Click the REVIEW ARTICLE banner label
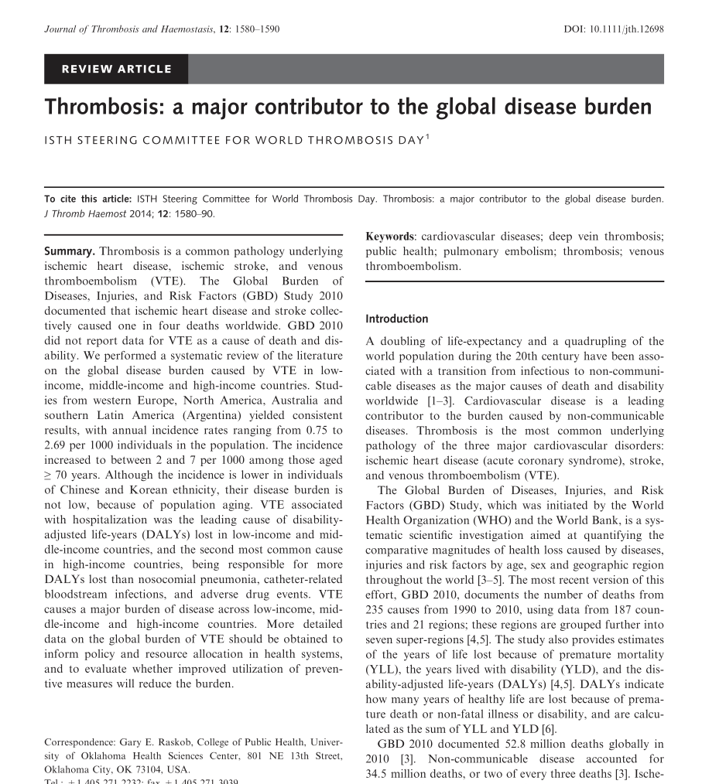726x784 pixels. [x=117, y=69]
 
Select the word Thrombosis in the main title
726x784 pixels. [x=104, y=106]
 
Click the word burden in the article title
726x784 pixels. [x=616, y=106]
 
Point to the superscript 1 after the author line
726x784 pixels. [x=428, y=137]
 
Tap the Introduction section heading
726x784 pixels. [x=396, y=319]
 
